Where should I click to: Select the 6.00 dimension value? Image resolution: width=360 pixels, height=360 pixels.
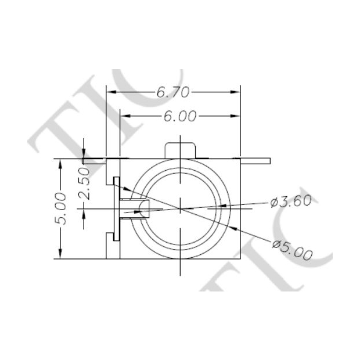[x=180, y=116]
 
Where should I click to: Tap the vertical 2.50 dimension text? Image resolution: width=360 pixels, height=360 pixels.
[x=84, y=183]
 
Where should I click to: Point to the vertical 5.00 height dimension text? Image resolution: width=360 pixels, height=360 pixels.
[x=62, y=209]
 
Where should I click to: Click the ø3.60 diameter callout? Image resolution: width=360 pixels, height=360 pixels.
[x=291, y=201]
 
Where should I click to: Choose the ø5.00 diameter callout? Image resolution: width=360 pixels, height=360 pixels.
[x=292, y=249]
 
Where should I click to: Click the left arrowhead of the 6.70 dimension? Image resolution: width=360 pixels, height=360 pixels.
[x=110, y=92]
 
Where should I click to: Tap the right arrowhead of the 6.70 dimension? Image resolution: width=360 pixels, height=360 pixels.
[x=236, y=92]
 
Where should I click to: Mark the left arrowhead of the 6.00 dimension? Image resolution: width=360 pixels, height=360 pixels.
[x=124, y=116]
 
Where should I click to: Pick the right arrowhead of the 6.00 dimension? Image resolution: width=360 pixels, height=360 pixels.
[x=236, y=116]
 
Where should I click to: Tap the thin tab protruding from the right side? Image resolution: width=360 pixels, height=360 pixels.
[x=255, y=160]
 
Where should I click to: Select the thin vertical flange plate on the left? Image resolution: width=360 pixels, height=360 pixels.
[x=117, y=208]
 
